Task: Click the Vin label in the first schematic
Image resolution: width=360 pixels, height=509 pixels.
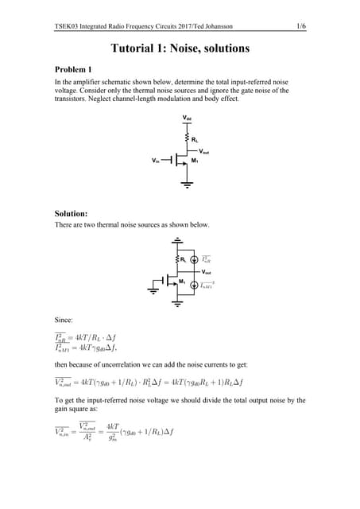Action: click(x=156, y=161)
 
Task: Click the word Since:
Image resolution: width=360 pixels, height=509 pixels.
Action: click(x=64, y=320)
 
